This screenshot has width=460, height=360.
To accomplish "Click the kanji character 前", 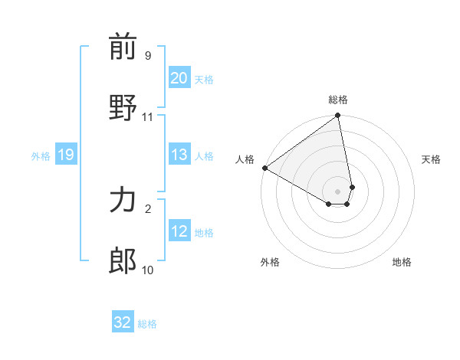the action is (123, 48).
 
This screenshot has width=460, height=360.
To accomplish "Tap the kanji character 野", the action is (123, 108).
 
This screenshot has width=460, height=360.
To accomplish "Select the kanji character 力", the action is (123, 201).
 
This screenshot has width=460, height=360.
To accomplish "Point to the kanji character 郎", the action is (123, 261).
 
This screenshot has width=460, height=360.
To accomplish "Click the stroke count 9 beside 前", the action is (147, 56).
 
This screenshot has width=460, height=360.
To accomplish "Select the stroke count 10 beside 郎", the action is (147, 270).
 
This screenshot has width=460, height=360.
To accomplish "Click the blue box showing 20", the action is (179, 78).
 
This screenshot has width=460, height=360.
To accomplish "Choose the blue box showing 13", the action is (179, 155).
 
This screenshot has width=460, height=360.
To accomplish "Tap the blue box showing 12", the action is (179, 231).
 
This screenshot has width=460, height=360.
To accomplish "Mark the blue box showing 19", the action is (65, 155).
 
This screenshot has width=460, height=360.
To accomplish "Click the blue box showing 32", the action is (123, 322).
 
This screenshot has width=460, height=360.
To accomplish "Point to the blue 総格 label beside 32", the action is (147, 324).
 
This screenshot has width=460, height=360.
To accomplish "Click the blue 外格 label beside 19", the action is (41, 156).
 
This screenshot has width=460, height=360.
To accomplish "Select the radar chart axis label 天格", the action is (431, 159).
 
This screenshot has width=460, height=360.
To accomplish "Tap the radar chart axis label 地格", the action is (402, 262).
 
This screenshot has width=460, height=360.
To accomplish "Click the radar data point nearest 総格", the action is (338, 116).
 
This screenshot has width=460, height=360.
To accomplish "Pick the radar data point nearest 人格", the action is (264, 168).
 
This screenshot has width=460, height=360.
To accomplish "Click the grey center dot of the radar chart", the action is (338, 191).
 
